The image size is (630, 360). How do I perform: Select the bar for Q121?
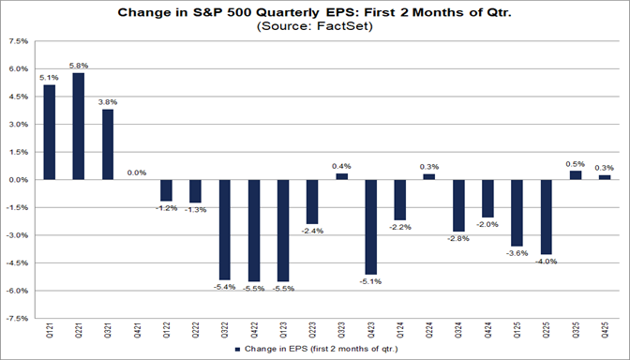tap(49, 132)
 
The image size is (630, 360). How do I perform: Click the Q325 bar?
tap(574, 175)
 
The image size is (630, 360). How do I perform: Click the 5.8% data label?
tap(78, 65)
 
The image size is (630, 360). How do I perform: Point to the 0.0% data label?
tap(137, 172)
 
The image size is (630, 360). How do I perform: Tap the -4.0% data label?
tap(545, 262)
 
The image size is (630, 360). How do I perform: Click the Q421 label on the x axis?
tap(137, 333)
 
